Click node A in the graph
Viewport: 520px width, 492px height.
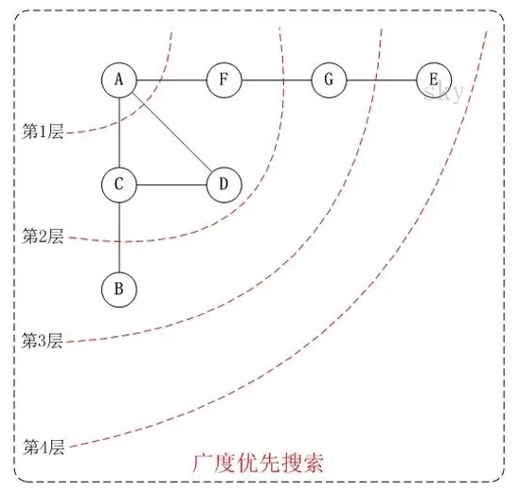click(x=119, y=80)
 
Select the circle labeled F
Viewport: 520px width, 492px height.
click(x=224, y=80)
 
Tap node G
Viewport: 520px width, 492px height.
click(x=329, y=80)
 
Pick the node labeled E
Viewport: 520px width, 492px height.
click(x=434, y=80)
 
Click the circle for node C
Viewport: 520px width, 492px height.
click(x=119, y=184)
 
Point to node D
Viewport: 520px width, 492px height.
click(x=224, y=184)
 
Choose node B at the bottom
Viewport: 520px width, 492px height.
click(x=119, y=290)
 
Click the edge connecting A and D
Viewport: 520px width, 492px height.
click(x=171, y=132)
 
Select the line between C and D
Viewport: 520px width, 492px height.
click(x=171, y=184)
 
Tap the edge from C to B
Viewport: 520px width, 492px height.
click(x=119, y=237)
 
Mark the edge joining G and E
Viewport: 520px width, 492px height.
click(x=382, y=80)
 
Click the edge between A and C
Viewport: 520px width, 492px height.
click(x=119, y=132)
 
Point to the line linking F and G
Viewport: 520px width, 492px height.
click(x=277, y=80)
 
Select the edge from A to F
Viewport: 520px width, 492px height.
click(x=171, y=80)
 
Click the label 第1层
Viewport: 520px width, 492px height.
click(x=43, y=132)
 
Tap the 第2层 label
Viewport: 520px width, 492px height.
click(x=43, y=237)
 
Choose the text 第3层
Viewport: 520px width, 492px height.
click(x=43, y=341)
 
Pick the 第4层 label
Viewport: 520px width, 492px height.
click(x=44, y=447)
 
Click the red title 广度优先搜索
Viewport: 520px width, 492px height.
click(x=258, y=464)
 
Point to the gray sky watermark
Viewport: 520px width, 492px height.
click(x=443, y=93)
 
